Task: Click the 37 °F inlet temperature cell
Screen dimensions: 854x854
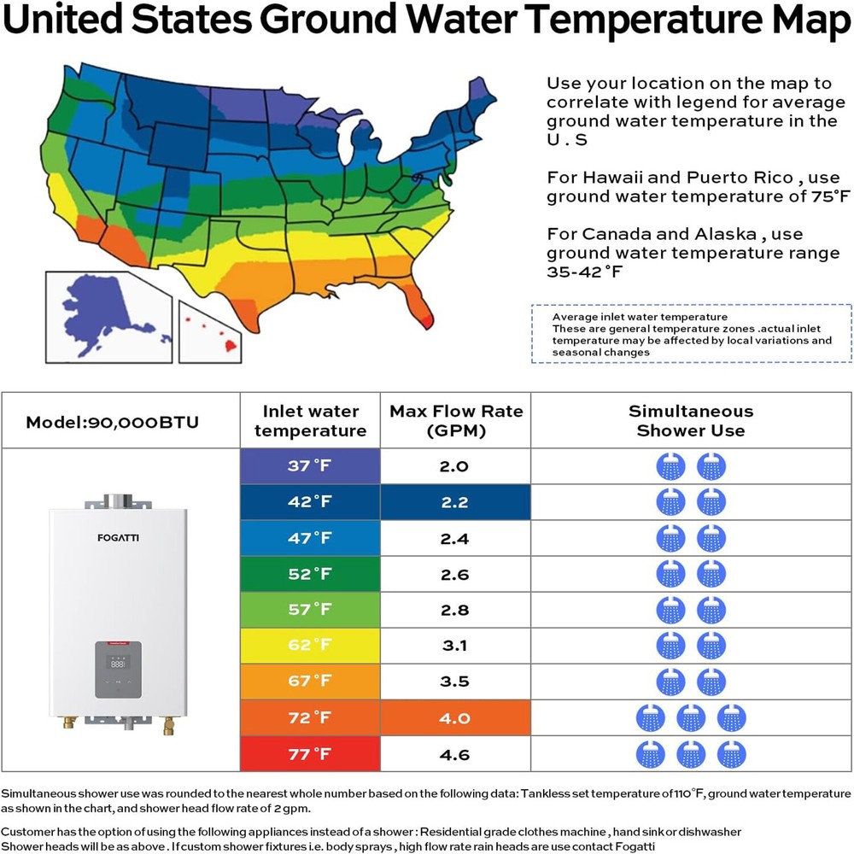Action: coord(310,466)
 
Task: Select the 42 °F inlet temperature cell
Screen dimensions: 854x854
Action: coord(310,502)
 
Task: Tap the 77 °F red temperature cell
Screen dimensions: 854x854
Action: coord(310,754)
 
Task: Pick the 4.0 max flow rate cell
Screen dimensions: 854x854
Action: coord(455,718)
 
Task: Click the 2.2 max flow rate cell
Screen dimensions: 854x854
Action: coord(455,502)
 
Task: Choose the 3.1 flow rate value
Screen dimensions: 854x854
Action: coord(455,646)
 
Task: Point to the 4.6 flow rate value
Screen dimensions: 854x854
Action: coord(455,754)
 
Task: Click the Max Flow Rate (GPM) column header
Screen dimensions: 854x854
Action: coord(456,421)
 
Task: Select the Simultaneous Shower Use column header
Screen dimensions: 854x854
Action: coord(691,421)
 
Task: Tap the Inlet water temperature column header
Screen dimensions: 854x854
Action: coord(310,421)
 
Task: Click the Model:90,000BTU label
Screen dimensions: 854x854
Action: coord(112,422)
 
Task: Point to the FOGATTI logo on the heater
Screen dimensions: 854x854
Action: coord(117,539)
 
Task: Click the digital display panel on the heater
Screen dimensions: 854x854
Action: coord(118,663)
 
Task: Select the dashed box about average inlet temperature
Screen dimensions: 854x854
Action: coord(691,334)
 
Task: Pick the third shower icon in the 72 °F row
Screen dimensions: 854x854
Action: coord(731,718)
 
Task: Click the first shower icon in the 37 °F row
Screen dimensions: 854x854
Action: coord(670,466)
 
